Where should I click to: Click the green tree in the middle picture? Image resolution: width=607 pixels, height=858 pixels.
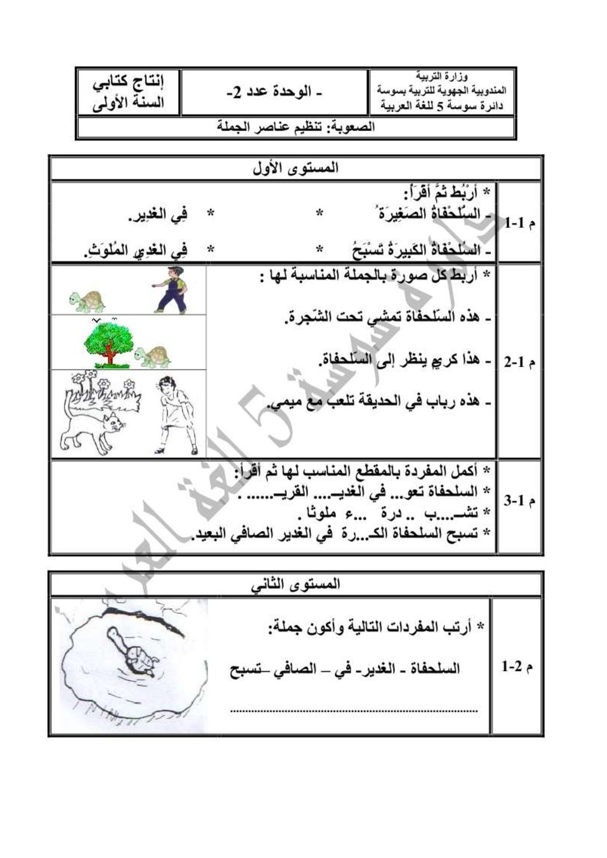[x=109, y=343]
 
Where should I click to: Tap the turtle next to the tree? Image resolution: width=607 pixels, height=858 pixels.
[x=153, y=356]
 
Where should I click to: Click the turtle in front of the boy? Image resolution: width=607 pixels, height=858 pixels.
[x=87, y=300]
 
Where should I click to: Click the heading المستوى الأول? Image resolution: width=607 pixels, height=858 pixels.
[x=296, y=169]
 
